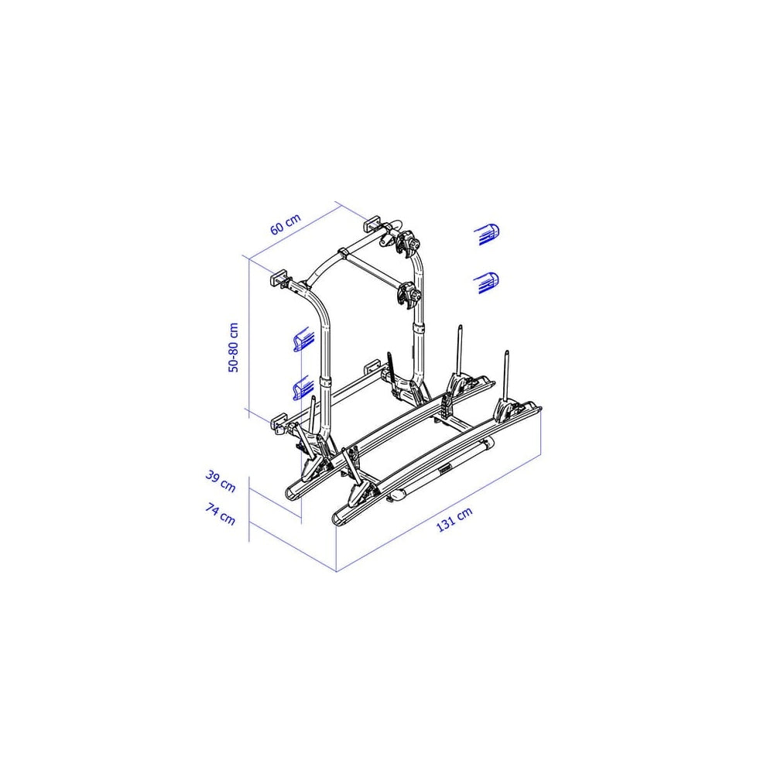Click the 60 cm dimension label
point(286,224)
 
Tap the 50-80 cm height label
point(234,348)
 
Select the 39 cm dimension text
point(221,481)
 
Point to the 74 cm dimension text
point(220,514)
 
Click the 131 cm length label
point(454,519)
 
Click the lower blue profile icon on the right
point(486,283)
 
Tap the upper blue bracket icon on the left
point(303,339)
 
